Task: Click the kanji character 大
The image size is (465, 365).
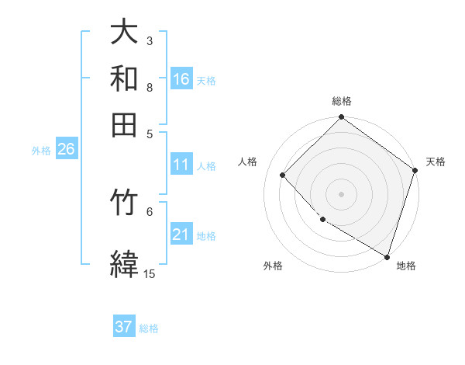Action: coord(124,33)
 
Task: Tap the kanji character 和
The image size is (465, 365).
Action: coord(124,78)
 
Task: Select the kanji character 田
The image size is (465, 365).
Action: coord(124,123)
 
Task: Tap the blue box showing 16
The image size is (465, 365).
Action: coord(181,79)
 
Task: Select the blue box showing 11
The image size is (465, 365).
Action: coord(181,165)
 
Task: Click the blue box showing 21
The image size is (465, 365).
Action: coord(181,235)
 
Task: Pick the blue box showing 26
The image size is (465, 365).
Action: coord(66,150)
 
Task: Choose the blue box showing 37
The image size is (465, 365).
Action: coord(124,327)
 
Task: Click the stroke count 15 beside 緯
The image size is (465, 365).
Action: coord(150,273)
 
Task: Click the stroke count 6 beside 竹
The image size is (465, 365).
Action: coord(150,210)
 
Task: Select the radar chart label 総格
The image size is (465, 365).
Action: coord(342,101)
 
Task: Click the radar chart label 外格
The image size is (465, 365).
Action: coord(273,266)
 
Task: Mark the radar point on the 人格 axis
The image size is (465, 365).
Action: coord(283,175)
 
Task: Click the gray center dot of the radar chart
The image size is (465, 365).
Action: coord(342,193)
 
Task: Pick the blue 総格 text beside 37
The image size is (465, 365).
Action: coord(149,328)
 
